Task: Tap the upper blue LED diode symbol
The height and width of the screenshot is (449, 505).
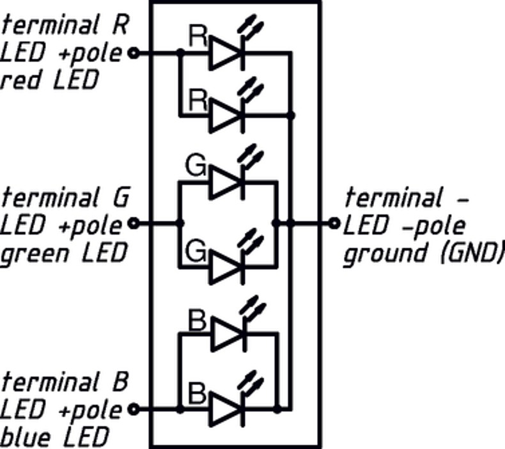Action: pos(227,334)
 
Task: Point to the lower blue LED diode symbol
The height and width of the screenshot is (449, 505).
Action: pos(227,408)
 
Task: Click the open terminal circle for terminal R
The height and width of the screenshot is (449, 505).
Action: pos(134,53)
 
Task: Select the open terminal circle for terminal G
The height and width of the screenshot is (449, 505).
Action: pos(134,223)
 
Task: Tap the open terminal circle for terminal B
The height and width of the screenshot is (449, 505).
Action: pos(134,408)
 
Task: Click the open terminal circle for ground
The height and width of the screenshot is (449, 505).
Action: pos(334,223)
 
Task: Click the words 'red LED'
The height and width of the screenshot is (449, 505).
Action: pos(50,80)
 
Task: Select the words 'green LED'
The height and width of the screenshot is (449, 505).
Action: pos(62,253)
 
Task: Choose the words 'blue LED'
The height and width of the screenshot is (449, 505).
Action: pos(54,437)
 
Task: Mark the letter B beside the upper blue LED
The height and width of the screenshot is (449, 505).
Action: pos(198,320)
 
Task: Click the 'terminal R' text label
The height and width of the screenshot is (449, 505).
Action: pos(65,26)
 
